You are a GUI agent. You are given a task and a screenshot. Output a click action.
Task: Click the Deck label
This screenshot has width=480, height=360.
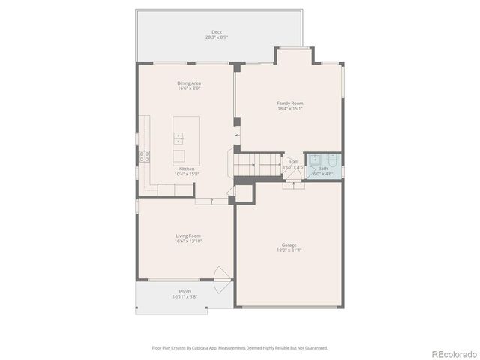(216, 32)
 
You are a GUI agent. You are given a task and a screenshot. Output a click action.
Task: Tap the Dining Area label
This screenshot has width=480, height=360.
(189, 83)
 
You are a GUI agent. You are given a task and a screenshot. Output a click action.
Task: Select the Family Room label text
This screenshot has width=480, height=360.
(289, 103)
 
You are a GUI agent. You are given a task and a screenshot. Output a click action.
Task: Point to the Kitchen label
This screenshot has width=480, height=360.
(187, 169)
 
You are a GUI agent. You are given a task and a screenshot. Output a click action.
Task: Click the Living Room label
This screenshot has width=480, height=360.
(188, 235)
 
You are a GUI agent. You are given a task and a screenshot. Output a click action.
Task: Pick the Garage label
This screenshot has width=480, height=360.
(289, 244)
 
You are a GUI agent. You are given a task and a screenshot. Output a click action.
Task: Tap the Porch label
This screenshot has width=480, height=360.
(184, 291)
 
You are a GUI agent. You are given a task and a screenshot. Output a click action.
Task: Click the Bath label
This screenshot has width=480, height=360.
(323, 169)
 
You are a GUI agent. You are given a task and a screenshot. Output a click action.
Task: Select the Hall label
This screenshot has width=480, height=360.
(293, 161)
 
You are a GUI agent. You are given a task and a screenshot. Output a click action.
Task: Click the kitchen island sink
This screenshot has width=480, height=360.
(178, 137)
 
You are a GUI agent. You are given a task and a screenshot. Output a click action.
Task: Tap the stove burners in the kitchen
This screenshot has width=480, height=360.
(143, 157)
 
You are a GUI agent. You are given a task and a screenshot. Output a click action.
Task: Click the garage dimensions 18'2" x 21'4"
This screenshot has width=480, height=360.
(289, 250)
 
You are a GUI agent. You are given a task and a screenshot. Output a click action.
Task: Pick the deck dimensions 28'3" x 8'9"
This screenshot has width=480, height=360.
(216, 37)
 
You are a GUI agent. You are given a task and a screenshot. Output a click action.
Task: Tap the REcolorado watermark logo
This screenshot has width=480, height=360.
(451, 352)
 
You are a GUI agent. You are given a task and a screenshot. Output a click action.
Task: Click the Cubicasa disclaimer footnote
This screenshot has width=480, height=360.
(240, 347)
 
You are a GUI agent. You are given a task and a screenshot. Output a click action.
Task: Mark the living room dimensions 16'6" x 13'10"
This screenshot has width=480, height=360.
(188, 241)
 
